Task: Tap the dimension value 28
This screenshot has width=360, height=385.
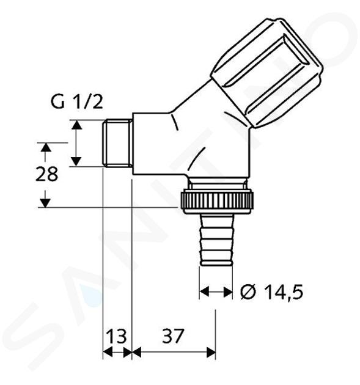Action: (x=46, y=174)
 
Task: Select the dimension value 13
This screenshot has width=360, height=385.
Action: (x=117, y=336)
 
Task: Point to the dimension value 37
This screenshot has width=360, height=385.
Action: (x=173, y=336)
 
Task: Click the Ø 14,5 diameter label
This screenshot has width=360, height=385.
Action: (x=272, y=292)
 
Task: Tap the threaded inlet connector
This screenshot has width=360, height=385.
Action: (x=117, y=144)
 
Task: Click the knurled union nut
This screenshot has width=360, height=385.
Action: (x=216, y=200)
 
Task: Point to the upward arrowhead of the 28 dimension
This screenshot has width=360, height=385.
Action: (x=45, y=148)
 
